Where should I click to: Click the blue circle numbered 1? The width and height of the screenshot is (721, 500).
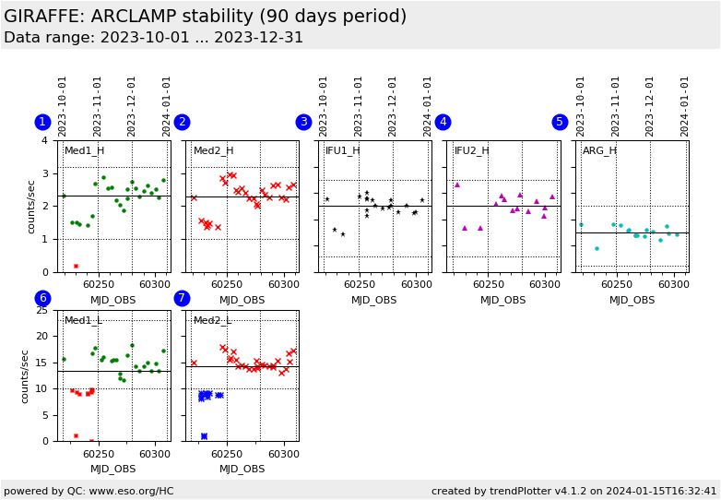click(42, 122)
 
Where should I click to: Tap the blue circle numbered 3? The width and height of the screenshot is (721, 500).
click(303, 122)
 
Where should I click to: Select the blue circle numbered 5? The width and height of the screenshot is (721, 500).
click(560, 122)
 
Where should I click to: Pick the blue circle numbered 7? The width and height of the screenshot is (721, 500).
click(182, 298)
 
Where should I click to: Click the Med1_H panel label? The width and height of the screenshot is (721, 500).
click(84, 150)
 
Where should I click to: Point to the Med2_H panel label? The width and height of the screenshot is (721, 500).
click(213, 150)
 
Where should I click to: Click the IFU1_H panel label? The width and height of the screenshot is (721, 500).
click(342, 150)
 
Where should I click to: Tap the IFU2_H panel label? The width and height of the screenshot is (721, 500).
click(471, 150)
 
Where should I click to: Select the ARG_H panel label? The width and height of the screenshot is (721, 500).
click(599, 150)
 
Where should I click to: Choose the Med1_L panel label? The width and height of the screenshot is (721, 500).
click(84, 320)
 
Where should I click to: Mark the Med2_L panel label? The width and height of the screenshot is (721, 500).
click(213, 320)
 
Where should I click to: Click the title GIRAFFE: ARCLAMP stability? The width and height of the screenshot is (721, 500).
click(205, 17)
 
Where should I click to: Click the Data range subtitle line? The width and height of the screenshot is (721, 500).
click(153, 38)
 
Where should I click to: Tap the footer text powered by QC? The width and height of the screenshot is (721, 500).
click(89, 491)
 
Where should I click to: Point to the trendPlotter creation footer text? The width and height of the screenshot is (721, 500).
click(573, 491)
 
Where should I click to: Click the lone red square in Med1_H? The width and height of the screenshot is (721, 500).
click(76, 266)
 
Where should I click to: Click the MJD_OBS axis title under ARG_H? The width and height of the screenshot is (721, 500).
click(632, 300)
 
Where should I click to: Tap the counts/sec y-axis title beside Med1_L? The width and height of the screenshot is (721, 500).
click(25, 375)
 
